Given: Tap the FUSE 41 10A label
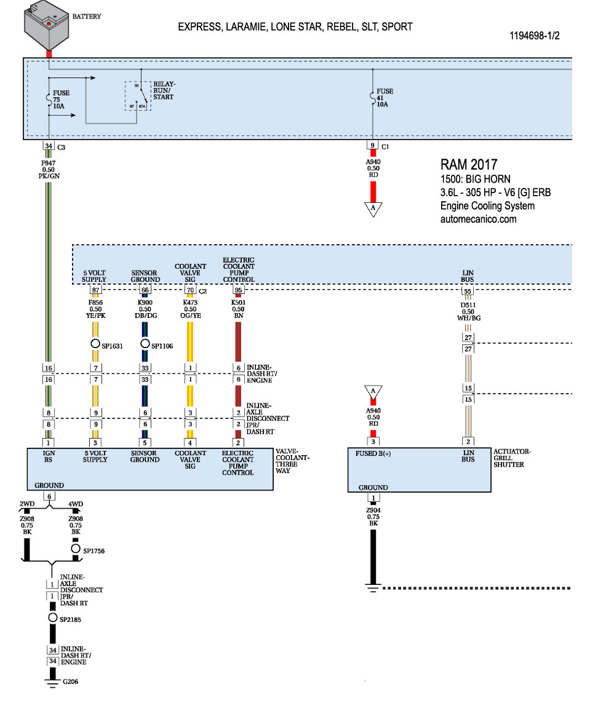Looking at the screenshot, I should (x=385, y=98).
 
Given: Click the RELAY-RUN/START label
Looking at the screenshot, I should (x=163, y=90).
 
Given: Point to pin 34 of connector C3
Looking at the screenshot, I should (x=49, y=146).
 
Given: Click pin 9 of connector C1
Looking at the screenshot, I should (x=372, y=146).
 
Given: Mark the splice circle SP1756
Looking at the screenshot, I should (x=76, y=549).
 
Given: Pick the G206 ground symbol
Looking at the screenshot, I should (x=53, y=681).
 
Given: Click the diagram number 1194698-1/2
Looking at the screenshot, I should (x=534, y=36).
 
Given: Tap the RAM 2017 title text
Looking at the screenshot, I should (x=469, y=165).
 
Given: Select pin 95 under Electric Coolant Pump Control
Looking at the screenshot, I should (x=238, y=290).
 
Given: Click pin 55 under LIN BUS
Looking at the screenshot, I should (x=468, y=292).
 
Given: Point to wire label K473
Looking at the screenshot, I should (x=190, y=302).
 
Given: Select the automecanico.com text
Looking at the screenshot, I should (x=479, y=219).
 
